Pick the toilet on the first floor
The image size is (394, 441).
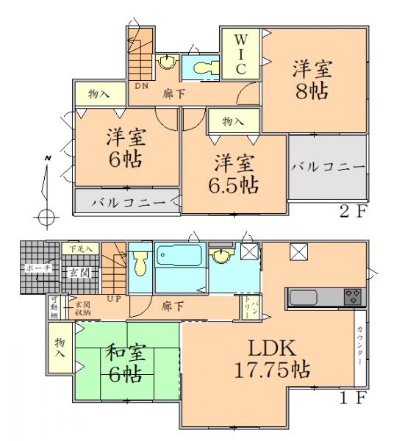(x=140, y=260)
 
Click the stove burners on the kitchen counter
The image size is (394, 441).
(x=351, y=297)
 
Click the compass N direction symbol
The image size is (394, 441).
(x=46, y=159)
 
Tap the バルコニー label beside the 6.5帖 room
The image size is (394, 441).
(x=326, y=168)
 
